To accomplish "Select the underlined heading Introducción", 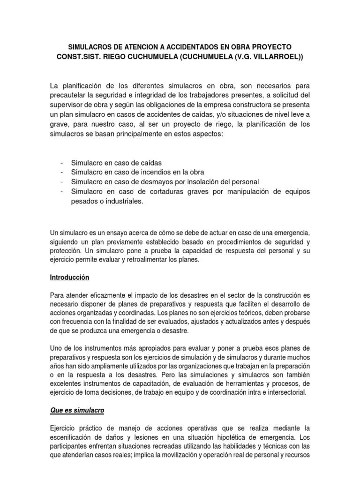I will tap(69, 277).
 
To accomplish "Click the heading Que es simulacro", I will tap(77, 410).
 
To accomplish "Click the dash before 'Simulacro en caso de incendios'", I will tap(62, 172).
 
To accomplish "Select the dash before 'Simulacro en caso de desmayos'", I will tap(62, 182).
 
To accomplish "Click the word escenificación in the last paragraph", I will tap(73, 436).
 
